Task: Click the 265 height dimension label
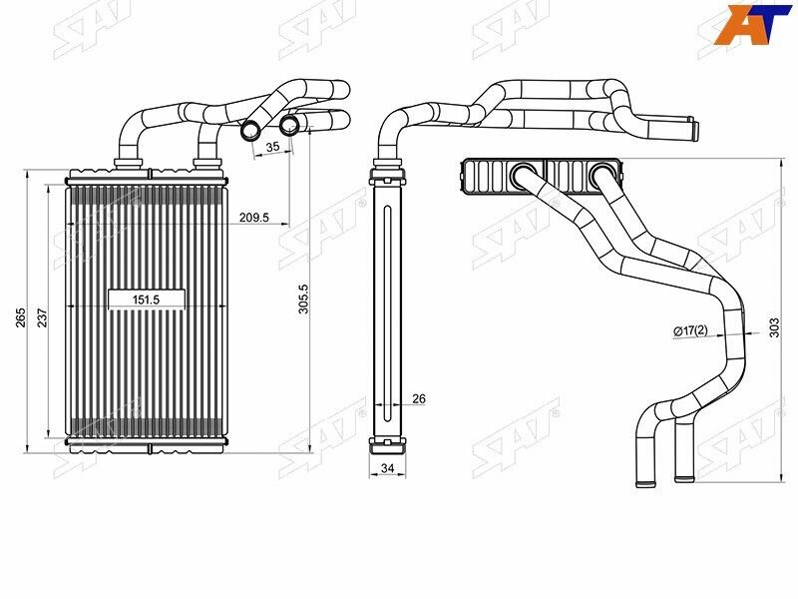coord(21,317)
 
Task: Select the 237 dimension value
coord(42,317)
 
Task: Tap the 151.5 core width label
coord(146,300)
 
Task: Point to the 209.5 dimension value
coord(254,218)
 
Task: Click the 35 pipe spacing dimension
coord(272,146)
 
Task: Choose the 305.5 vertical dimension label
coord(303,299)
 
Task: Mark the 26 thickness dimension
coord(418,398)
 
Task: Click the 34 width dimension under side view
coord(388,467)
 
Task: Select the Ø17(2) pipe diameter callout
coord(690,331)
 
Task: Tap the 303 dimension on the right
coord(774,327)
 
